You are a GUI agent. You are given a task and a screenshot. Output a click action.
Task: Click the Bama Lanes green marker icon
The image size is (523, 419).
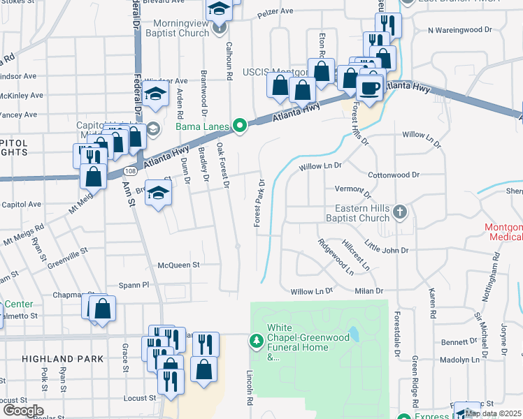pos(240,126)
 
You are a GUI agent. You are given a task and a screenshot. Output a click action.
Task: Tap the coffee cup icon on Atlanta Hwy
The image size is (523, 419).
pos(369,88)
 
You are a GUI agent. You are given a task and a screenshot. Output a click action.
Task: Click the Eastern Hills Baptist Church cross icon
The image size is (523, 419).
pos(399,211)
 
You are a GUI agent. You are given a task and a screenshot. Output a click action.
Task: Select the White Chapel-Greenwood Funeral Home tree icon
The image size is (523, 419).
pos(257,340)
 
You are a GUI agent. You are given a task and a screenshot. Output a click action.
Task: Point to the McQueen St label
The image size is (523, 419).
pos(179,265)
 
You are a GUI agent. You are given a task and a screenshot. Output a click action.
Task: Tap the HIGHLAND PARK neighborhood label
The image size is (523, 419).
pos(63,359)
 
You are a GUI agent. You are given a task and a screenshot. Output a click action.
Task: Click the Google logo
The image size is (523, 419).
pos(23,410)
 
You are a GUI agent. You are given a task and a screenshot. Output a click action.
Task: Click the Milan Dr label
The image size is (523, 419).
pos(370,291)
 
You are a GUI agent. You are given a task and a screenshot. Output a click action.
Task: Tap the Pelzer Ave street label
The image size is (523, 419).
pos(273,13)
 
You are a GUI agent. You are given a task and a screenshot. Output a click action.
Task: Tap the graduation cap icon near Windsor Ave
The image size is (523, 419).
pos(155,94)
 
